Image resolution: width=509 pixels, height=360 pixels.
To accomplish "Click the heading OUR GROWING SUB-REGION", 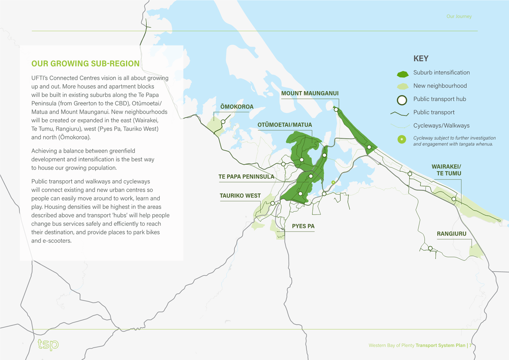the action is tap(85, 64).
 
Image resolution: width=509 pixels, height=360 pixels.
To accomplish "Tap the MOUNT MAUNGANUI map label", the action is tap(310, 94).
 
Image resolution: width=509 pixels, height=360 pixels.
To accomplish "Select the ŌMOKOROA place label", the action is tap(237, 106).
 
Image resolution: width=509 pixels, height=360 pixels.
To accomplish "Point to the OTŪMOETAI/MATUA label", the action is tap(285, 125).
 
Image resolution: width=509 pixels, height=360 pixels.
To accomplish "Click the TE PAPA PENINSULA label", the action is tap(246, 177).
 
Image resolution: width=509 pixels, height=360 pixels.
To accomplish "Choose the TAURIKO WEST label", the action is tap(240, 196).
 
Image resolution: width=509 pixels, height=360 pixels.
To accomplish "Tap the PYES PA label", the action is tap(303, 226).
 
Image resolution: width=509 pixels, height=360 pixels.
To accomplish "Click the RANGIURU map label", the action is tap(452, 233).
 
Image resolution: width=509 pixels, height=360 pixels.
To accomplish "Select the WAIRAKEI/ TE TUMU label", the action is tap(446, 170).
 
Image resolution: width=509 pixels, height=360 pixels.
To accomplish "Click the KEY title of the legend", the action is tap(421, 59).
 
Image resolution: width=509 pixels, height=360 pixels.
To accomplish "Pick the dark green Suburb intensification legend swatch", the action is tap(402, 74).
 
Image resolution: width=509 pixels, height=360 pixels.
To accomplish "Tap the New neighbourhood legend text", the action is tap(440, 85).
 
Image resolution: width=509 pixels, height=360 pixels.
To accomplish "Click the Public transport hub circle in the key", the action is tap(402, 100).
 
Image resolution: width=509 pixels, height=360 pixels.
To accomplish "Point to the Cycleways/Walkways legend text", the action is tap(441, 126).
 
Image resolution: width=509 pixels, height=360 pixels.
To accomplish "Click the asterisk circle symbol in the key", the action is tap(402, 139).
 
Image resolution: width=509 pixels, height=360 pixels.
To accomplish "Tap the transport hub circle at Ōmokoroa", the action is tap(223, 122).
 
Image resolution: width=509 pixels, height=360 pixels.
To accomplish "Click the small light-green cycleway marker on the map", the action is tap(333, 182).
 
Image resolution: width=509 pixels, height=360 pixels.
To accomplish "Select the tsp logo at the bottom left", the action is tap(48, 345).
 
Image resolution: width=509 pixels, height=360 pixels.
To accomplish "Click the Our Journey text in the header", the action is tap(459, 16).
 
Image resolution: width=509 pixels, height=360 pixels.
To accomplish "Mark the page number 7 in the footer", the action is tap(470, 345).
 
